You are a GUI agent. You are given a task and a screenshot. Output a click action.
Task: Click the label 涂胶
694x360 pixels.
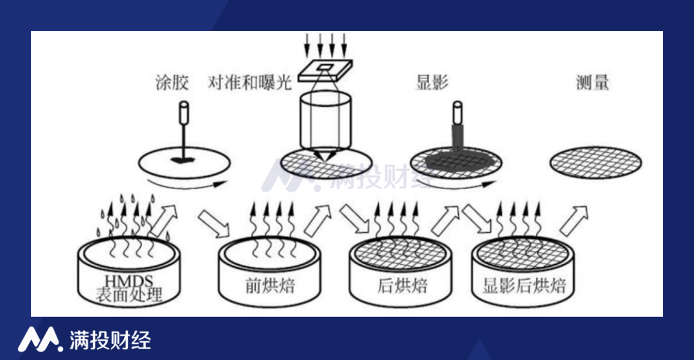172,83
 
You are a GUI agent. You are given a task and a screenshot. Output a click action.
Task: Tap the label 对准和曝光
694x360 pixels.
250,82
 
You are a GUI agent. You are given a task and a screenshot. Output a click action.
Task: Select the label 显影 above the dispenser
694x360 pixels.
432,82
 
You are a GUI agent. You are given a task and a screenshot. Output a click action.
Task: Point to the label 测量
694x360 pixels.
592,82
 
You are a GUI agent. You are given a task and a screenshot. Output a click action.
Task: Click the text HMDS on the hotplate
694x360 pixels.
129,281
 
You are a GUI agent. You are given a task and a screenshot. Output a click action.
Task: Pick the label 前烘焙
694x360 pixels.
270,285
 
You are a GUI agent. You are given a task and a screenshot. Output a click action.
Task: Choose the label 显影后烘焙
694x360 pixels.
524,285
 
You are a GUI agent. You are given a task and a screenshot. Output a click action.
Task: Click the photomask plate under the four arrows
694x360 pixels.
325,71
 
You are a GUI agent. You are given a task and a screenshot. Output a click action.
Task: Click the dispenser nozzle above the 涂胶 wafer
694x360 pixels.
184,113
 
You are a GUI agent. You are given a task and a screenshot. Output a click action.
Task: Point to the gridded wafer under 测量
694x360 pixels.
596,163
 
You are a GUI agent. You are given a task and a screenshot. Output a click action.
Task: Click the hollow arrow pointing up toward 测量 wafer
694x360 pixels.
574,220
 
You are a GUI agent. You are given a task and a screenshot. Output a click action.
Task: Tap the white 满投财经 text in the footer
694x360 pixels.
111,340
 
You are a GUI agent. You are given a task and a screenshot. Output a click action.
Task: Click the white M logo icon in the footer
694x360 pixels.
40,339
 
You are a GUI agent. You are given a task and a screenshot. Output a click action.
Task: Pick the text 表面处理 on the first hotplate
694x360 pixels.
129,294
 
